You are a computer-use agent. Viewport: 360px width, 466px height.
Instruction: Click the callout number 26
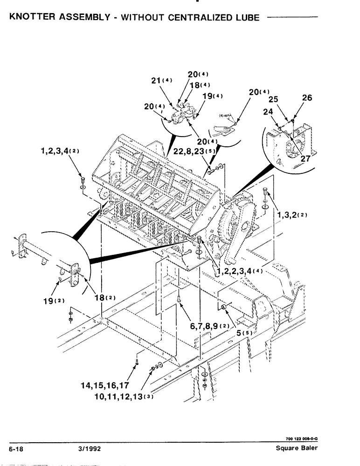[x=307, y=98]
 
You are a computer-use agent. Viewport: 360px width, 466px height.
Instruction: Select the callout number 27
[x=305, y=158]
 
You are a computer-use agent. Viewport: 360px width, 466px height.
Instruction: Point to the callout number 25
[x=273, y=100]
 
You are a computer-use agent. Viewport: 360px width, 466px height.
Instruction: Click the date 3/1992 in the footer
[x=90, y=448]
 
